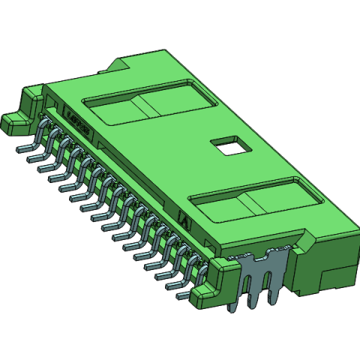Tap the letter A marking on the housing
[x=185, y=221]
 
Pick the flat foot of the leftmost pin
[x=21, y=148]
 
